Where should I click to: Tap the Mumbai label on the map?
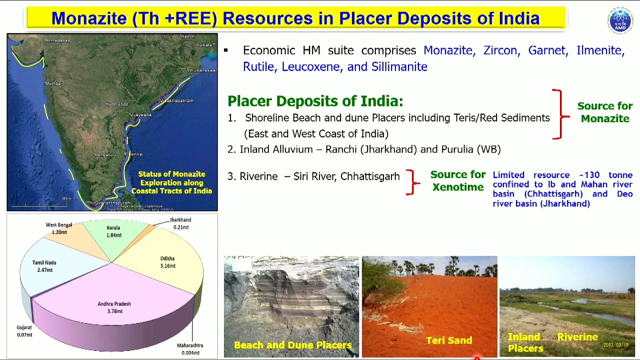pyautogui.click(x=53, y=83)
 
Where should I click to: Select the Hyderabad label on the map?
pyautogui.click(x=116, y=104)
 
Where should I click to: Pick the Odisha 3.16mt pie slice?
pyautogui.click(x=167, y=262)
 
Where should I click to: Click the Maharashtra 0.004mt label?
pyautogui.click(x=190, y=349)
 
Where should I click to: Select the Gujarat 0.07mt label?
pyautogui.click(x=24, y=331)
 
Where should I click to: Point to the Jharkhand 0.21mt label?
pyautogui.click(x=180, y=223)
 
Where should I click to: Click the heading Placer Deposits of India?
pyautogui.click(x=315, y=101)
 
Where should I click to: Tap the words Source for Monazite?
pyautogui.click(x=604, y=112)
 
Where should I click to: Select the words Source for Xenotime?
pyautogui.click(x=457, y=180)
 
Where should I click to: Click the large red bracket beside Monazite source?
pyautogui.click(x=559, y=114)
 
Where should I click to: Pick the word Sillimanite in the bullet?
pyautogui.click(x=399, y=66)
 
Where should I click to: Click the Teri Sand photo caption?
pyautogui.click(x=448, y=340)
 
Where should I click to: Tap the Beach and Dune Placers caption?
pyautogui.click(x=292, y=345)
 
